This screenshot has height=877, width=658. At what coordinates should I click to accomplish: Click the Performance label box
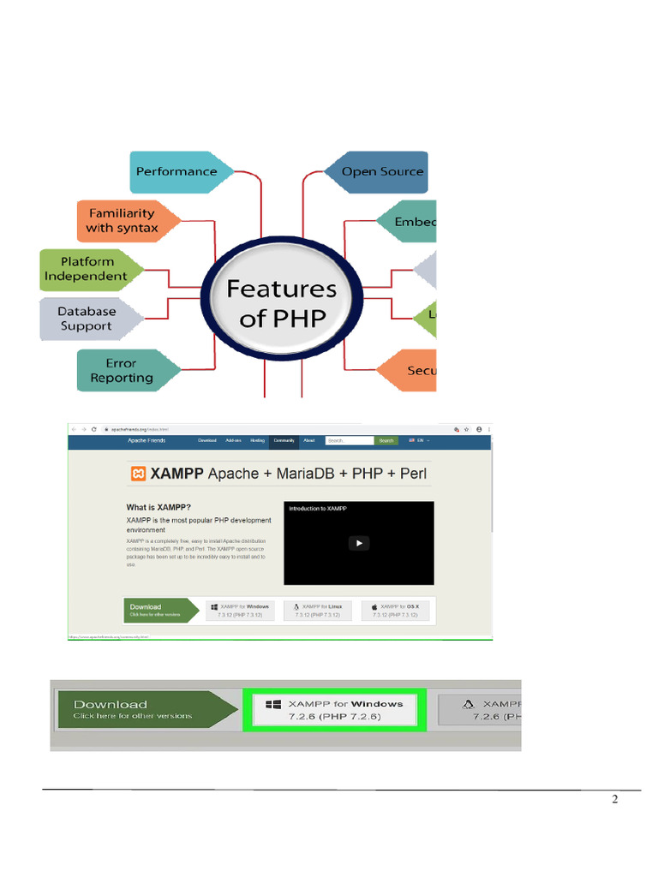177,171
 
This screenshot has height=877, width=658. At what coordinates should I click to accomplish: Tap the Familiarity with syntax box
122,220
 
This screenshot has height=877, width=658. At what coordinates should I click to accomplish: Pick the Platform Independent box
86,269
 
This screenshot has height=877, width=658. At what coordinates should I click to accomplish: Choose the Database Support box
87,319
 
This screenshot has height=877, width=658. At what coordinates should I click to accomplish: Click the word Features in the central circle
281,289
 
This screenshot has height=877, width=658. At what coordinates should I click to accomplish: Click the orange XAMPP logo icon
137,474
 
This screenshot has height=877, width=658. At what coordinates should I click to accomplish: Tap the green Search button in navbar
387,440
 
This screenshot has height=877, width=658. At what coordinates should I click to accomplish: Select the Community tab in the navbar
284,440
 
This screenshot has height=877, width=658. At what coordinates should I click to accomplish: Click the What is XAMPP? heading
159,507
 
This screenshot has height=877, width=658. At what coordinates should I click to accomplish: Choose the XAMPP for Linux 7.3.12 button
318,611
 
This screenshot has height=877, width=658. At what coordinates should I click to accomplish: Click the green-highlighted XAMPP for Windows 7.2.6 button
334,709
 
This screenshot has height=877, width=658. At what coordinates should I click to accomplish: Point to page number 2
614,800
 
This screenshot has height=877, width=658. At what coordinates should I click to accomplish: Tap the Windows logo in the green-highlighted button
273,704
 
